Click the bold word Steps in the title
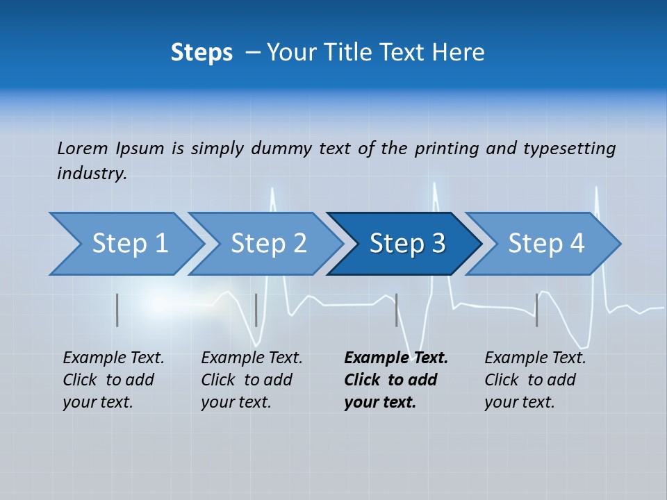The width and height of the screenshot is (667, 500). click(201, 53)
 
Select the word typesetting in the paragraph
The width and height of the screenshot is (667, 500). click(569, 149)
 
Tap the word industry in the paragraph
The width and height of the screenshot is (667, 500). click(91, 173)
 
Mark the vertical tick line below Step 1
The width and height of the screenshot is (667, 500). click(117, 310)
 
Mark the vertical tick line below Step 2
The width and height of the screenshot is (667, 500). click(256, 310)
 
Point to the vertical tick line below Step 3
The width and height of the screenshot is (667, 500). click(397, 310)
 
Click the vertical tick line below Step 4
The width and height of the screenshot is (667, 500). click(536, 310)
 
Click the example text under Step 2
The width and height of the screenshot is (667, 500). click(251, 380)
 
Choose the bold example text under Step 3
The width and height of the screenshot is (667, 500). click(395, 380)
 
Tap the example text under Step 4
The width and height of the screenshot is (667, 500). click(534, 380)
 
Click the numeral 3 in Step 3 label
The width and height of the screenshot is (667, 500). click(438, 244)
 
